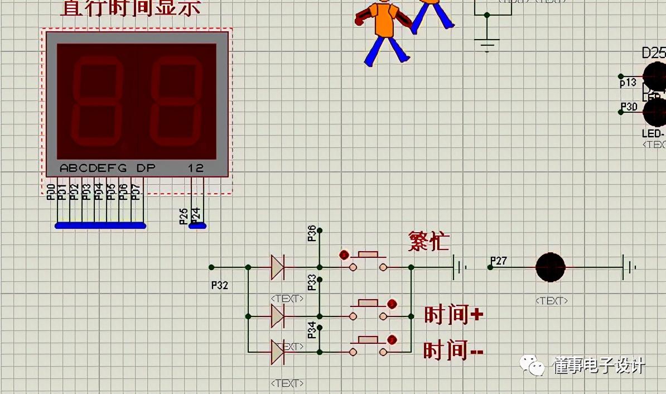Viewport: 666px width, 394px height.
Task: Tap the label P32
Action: pos(220,285)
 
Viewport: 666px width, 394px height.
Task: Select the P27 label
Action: pos(498,261)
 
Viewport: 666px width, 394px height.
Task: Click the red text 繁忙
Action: pos(428,241)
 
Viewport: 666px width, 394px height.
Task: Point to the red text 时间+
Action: pos(453,315)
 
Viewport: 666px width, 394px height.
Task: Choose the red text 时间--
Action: pos(453,351)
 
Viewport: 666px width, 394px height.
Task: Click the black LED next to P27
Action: pos(551,267)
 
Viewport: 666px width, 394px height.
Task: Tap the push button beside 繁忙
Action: pos(368,261)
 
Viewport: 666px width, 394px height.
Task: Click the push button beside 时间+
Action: pos(368,309)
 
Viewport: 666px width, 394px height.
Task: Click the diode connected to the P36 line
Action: pos(277,267)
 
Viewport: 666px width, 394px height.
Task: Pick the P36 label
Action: pos(312,233)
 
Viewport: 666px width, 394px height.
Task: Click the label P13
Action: pos(628,83)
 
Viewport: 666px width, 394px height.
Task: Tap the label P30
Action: pos(629,107)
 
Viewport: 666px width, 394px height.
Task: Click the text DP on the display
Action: pos(146,168)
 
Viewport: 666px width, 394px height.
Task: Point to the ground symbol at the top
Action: pos(487,44)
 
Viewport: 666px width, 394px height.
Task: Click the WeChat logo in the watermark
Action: pos(533,366)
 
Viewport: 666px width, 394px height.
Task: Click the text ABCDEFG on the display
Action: pos(93,168)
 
